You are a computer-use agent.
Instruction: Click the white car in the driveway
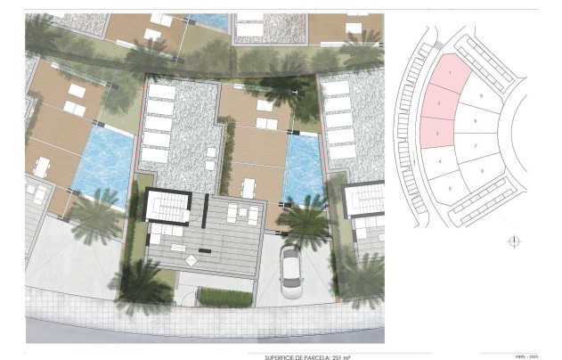pyautogui.click(x=291, y=272)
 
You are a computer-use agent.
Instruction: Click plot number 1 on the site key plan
pyautogui.click(x=452, y=73)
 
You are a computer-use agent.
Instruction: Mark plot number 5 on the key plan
pyautogui.click(x=451, y=189)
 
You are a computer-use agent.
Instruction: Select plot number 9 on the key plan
pyautogui.click(x=481, y=95)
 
